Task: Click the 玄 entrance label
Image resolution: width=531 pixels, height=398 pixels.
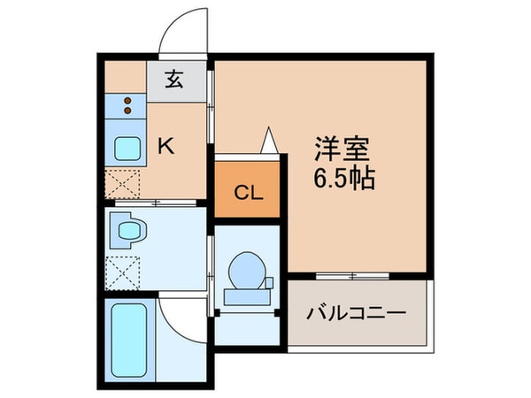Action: point(173,80)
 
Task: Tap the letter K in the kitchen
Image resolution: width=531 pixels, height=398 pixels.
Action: point(165,146)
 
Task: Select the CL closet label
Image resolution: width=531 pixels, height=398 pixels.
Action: point(247,193)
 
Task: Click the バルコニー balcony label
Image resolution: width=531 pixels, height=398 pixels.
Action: point(356,313)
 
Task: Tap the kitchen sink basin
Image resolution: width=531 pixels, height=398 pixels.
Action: point(125,149)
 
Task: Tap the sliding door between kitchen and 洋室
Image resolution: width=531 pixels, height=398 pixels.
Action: point(212,106)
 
